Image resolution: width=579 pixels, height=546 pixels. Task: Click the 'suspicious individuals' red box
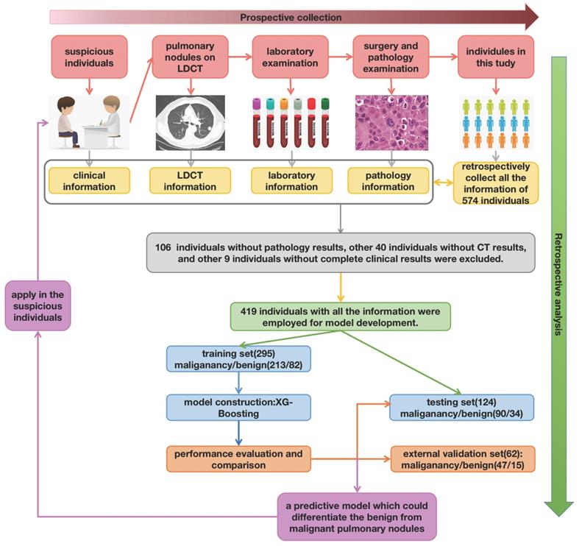point(89,56)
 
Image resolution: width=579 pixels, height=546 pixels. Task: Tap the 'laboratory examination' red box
point(292,56)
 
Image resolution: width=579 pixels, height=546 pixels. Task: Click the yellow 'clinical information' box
point(89,181)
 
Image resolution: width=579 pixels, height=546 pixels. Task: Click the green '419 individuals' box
point(340,315)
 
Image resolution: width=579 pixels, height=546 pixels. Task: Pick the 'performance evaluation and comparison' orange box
point(238,458)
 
